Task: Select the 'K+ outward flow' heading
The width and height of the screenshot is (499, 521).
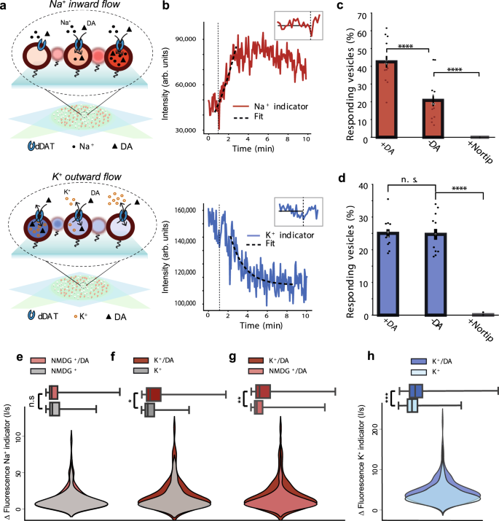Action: click(x=77, y=178)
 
